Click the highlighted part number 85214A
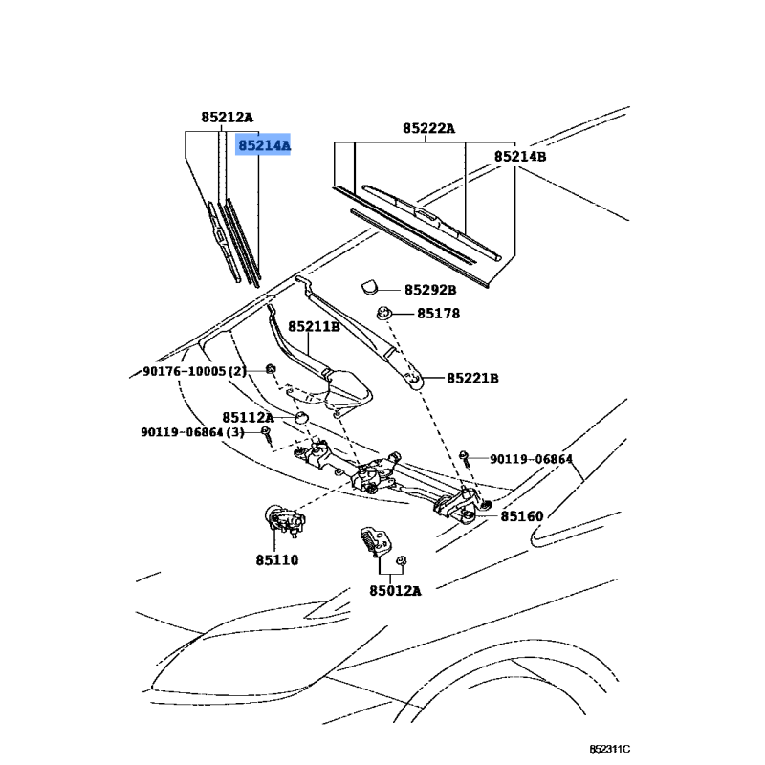pos(264,145)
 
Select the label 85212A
pos(228,117)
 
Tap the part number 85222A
pos(428,128)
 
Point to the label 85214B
pos(520,157)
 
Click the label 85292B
pos(430,290)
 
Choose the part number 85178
pos(438,314)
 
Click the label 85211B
pos(314,326)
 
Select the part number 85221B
pos(472,378)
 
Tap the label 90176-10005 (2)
pos(195,371)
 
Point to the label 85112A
pos(249,418)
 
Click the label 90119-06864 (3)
pos(193,432)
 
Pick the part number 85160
pos(521,516)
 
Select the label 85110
pos(277,560)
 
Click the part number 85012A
pos(395,591)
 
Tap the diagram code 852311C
pos(609,749)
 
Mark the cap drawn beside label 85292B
pos(369,287)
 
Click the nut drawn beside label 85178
pos(384,313)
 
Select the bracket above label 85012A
pos(374,540)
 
